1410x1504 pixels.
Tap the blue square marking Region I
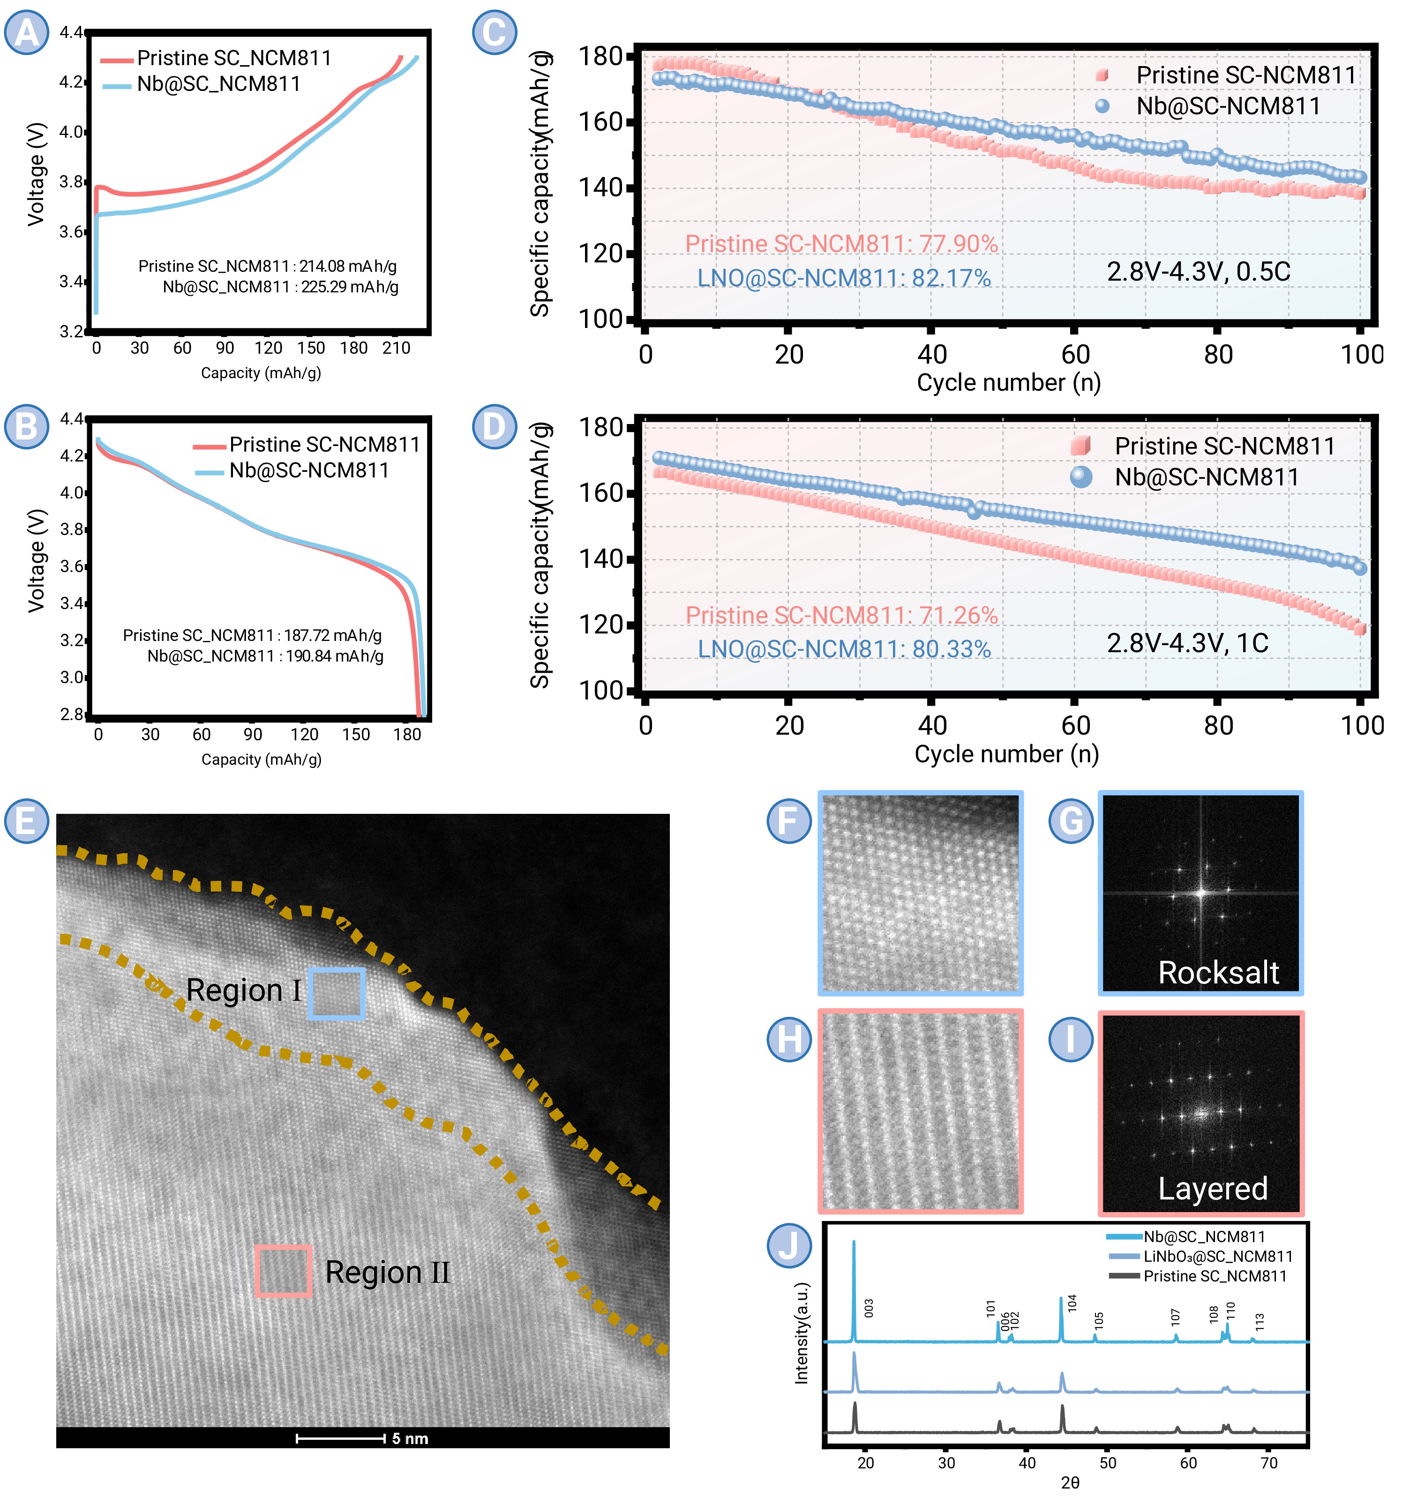pos(337,993)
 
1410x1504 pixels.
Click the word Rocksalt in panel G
pos(1218,973)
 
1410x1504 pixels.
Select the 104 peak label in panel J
pos(1072,1303)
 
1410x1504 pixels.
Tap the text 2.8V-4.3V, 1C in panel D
pos(1187,643)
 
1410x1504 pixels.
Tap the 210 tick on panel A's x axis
pos(396,348)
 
